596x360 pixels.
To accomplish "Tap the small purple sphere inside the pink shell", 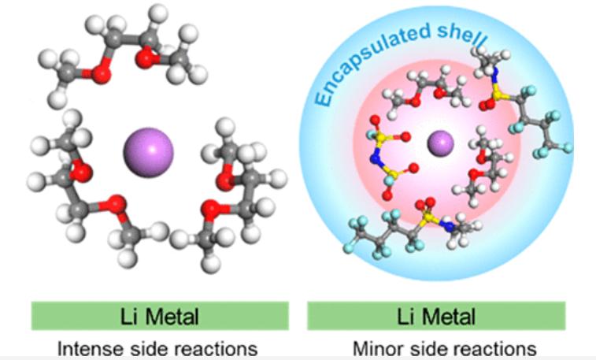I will (440, 143).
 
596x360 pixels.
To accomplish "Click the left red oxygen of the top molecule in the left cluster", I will (98, 74).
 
